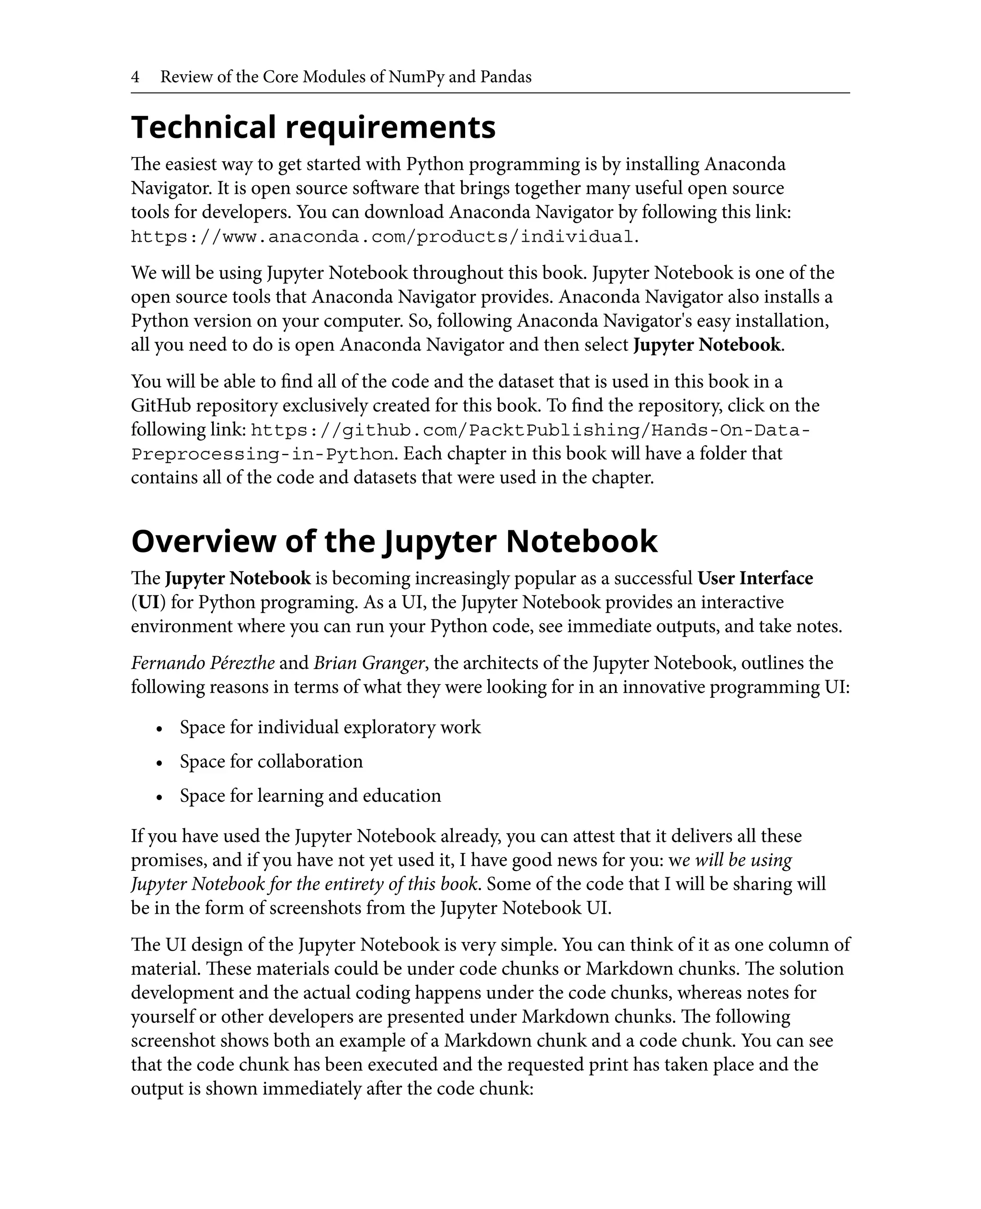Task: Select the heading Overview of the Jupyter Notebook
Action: [x=394, y=541]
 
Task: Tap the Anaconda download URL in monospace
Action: [x=384, y=236]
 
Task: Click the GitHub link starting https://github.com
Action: [x=531, y=430]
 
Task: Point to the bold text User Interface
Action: [x=755, y=578]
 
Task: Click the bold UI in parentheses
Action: [x=148, y=603]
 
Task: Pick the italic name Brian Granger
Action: [x=369, y=663]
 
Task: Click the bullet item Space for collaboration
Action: [x=271, y=761]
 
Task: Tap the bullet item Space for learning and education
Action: [x=310, y=795]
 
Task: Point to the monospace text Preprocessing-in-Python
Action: [x=262, y=455]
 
